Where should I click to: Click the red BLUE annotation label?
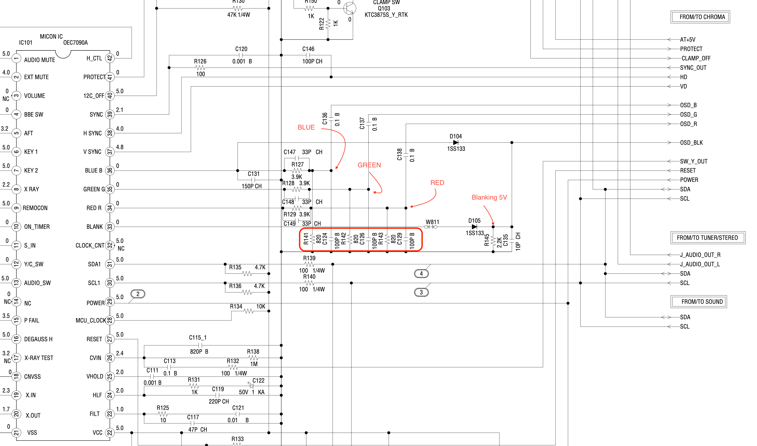pyautogui.click(x=306, y=127)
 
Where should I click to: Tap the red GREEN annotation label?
pyautogui.click(x=369, y=165)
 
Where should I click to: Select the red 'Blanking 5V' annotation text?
pyautogui.click(x=489, y=197)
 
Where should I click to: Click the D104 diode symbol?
pyautogui.click(x=455, y=143)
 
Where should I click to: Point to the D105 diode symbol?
pyautogui.click(x=474, y=227)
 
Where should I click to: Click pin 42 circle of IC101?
pyautogui.click(x=110, y=58)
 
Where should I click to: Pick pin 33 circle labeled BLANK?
pyautogui.click(x=110, y=227)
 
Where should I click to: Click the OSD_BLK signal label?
pyautogui.click(x=691, y=143)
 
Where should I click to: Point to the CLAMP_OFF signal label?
pyautogui.click(x=696, y=58)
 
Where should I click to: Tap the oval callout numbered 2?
pyautogui.click(x=138, y=294)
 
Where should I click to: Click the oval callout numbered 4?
pyautogui.click(x=421, y=273)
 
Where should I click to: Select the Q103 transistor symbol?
pyautogui.click(x=350, y=9)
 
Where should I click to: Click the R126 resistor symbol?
pyautogui.click(x=200, y=68)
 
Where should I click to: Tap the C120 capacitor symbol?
pyautogui.click(x=241, y=55)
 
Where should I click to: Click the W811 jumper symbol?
pyautogui.click(x=431, y=227)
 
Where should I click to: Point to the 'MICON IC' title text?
pyautogui.click(x=51, y=36)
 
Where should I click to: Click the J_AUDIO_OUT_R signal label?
pyautogui.click(x=700, y=255)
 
